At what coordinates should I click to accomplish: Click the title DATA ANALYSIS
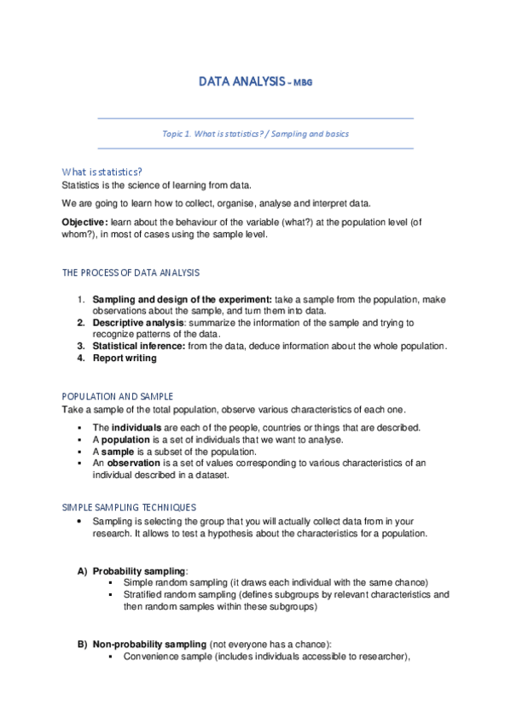click(x=241, y=82)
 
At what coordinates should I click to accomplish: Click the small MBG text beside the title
click(x=305, y=84)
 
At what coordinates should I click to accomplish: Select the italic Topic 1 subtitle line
click(x=255, y=134)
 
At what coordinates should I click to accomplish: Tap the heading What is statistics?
click(x=102, y=171)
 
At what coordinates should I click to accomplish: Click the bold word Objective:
click(x=83, y=221)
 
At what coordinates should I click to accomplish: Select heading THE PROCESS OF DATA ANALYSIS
click(x=131, y=272)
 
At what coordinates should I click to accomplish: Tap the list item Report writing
click(x=125, y=358)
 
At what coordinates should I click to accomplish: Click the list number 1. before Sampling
click(x=81, y=300)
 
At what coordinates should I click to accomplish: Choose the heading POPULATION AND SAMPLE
click(x=118, y=397)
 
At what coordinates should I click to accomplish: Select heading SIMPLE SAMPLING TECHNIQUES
click(x=129, y=507)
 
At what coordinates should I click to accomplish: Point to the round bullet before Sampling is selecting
click(x=79, y=521)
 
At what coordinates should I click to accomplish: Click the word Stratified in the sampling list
click(x=143, y=594)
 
